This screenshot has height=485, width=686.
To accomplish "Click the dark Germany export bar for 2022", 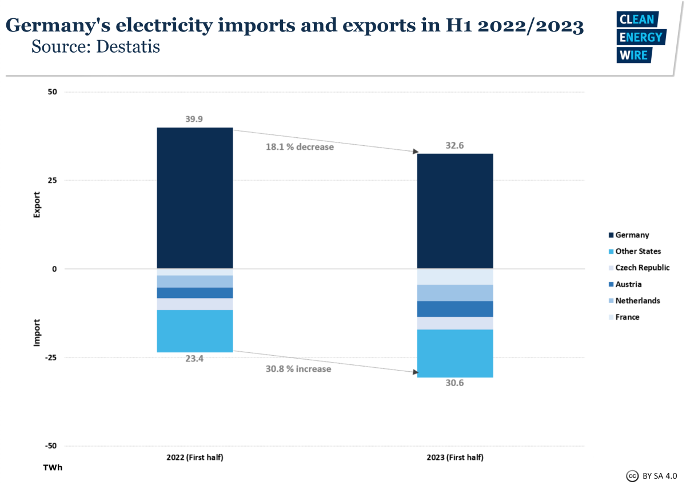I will (x=194, y=198).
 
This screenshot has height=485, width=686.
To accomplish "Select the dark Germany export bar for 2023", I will (x=455, y=211).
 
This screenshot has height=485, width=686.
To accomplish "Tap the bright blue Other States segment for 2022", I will (x=194, y=331).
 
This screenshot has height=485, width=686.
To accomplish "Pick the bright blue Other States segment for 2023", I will (x=455, y=353).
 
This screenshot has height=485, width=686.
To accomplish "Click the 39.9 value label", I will (x=194, y=119).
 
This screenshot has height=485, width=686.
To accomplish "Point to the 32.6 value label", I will (x=455, y=145).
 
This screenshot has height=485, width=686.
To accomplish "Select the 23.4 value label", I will (x=194, y=359).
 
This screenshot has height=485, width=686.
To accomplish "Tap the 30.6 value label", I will (x=455, y=383).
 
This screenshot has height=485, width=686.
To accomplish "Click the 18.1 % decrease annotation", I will (x=300, y=147).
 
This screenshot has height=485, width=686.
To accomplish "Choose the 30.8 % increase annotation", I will (x=298, y=369).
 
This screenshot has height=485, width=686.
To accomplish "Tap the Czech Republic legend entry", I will (x=637, y=268).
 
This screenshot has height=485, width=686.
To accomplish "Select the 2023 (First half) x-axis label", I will (x=455, y=458).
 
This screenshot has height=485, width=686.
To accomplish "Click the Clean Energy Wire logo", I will (x=640, y=37).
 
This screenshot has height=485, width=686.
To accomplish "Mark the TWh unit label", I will (x=53, y=468).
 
